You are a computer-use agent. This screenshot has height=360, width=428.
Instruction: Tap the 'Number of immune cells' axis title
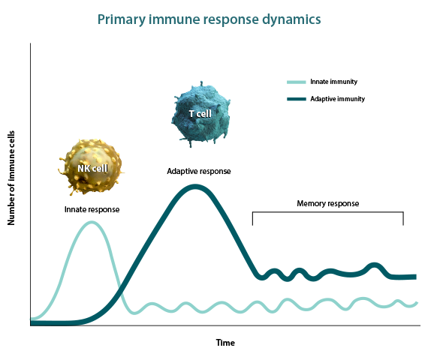pyautogui.click(x=11, y=178)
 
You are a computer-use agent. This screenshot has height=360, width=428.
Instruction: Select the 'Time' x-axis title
pyautogui.click(x=225, y=343)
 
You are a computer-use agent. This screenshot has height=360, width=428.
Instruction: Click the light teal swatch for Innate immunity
pyautogui.click(x=296, y=82)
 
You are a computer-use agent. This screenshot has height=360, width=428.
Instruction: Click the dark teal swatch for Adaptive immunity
pyautogui.click(x=296, y=99)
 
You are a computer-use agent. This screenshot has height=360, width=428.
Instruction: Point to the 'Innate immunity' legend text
pyautogui.click(x=333, y=82)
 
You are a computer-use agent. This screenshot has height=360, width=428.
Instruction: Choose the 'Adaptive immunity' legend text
pyautogui.click(x=337, y=99)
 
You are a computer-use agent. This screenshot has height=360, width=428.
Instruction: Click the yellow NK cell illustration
pyautogui.click(x=91, y=167)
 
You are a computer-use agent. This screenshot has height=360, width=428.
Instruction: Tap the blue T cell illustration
pyautogui.click(x=200, y=114)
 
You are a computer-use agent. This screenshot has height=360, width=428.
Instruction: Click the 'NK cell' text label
pyautogui.click(x=92, y=169)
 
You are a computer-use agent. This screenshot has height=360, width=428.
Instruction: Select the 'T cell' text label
pyautogui.click(x=200, y=114)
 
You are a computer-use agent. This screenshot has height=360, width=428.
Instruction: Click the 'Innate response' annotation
pyautogui.click(x=92, y=209)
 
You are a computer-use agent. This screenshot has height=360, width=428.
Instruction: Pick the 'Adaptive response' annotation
pyautogui.click(x=199, y=171)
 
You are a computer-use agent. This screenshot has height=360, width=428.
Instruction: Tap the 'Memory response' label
pyautogui.click(x=328, y=203)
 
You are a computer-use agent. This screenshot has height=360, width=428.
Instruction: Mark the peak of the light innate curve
pyautogui.click(x=92, y=222)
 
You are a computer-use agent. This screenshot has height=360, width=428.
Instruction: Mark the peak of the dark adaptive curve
pyautogui.click(x=195, y=187)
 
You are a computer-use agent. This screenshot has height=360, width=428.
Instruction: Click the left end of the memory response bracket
pyautogui.click(x=252, y=225)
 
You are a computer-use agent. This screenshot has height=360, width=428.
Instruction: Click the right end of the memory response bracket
pyautogui.click(x=403, y=225)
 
